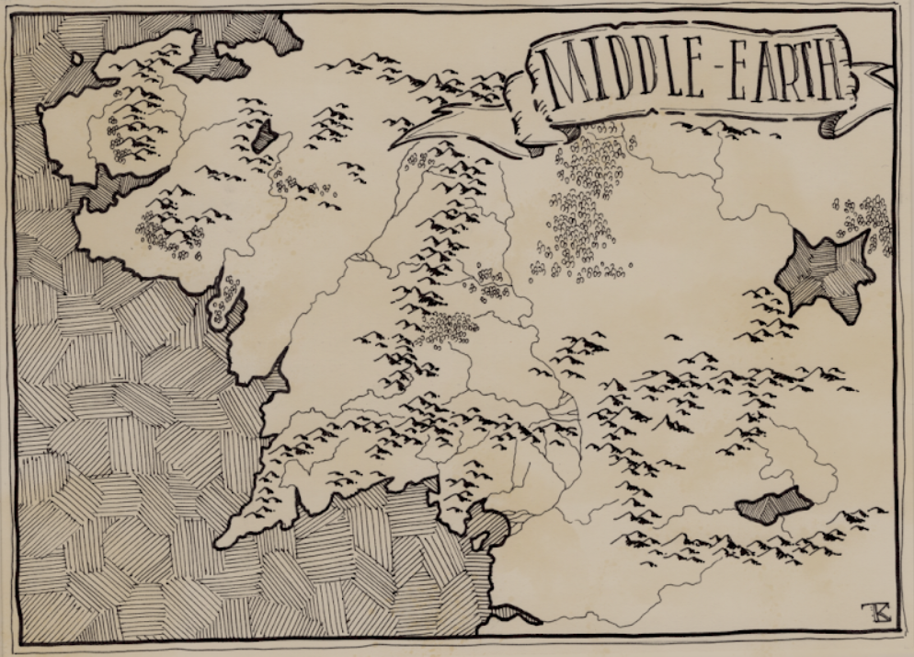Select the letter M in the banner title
coord(562,74)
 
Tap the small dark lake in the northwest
coord(267,137)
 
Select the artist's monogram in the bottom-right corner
coord(869,611)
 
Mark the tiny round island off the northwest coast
coord(76,59)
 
